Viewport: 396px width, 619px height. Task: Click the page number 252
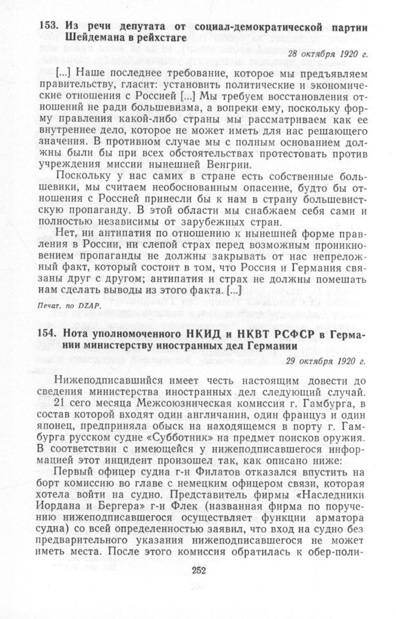coord(199,571)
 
